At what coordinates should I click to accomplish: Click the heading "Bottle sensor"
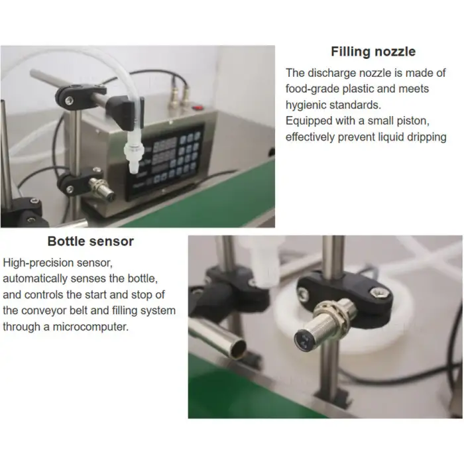90,241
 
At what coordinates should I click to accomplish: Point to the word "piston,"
424,121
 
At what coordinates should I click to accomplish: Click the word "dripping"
422,137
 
